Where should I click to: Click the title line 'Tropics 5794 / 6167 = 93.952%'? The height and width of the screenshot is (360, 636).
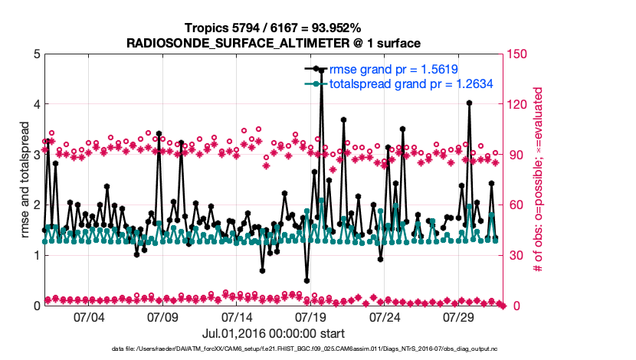[274, 28]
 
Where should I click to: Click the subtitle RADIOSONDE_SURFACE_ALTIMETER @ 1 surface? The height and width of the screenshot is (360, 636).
[274, 42]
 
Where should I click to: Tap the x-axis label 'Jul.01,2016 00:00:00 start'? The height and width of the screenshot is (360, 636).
[274, 334]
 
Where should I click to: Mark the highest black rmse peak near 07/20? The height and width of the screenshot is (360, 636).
[322, 70]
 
